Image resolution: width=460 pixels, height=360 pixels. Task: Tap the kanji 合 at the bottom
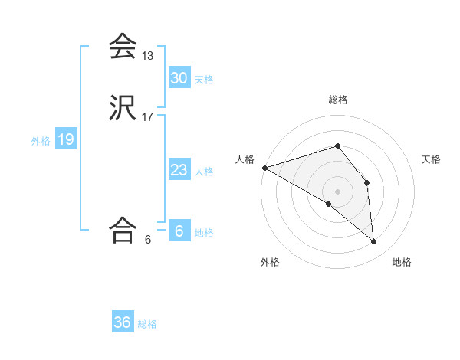point(123,229)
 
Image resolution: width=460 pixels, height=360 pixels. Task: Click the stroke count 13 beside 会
point(148,56)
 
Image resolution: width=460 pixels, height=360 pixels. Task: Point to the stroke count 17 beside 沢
point(148,117)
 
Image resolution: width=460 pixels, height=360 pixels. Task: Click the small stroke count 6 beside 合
point(148,239)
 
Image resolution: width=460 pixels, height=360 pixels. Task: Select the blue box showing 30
point(179,77)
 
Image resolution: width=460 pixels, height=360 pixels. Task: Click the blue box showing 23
point(179,170)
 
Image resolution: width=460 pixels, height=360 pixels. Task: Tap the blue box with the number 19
point(66,139)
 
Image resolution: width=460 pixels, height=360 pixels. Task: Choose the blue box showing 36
point(123,322)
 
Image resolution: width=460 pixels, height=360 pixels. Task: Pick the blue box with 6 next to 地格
point(179,231)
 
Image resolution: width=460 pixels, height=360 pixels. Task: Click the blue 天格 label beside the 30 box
point(204,79)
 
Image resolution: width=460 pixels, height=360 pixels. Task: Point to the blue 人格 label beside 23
point(204,172)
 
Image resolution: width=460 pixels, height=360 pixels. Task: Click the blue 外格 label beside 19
point(41,141)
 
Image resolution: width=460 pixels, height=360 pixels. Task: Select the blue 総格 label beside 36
point(147,324)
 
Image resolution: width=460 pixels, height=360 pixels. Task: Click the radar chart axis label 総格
point(337,100)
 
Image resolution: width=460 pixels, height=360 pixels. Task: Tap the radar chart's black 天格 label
point(432,159)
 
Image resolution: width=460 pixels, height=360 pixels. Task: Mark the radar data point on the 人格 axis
point(264,168)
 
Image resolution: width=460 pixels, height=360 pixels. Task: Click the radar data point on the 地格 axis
point(373,241)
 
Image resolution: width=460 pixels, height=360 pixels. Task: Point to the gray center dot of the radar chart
point(337,191)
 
